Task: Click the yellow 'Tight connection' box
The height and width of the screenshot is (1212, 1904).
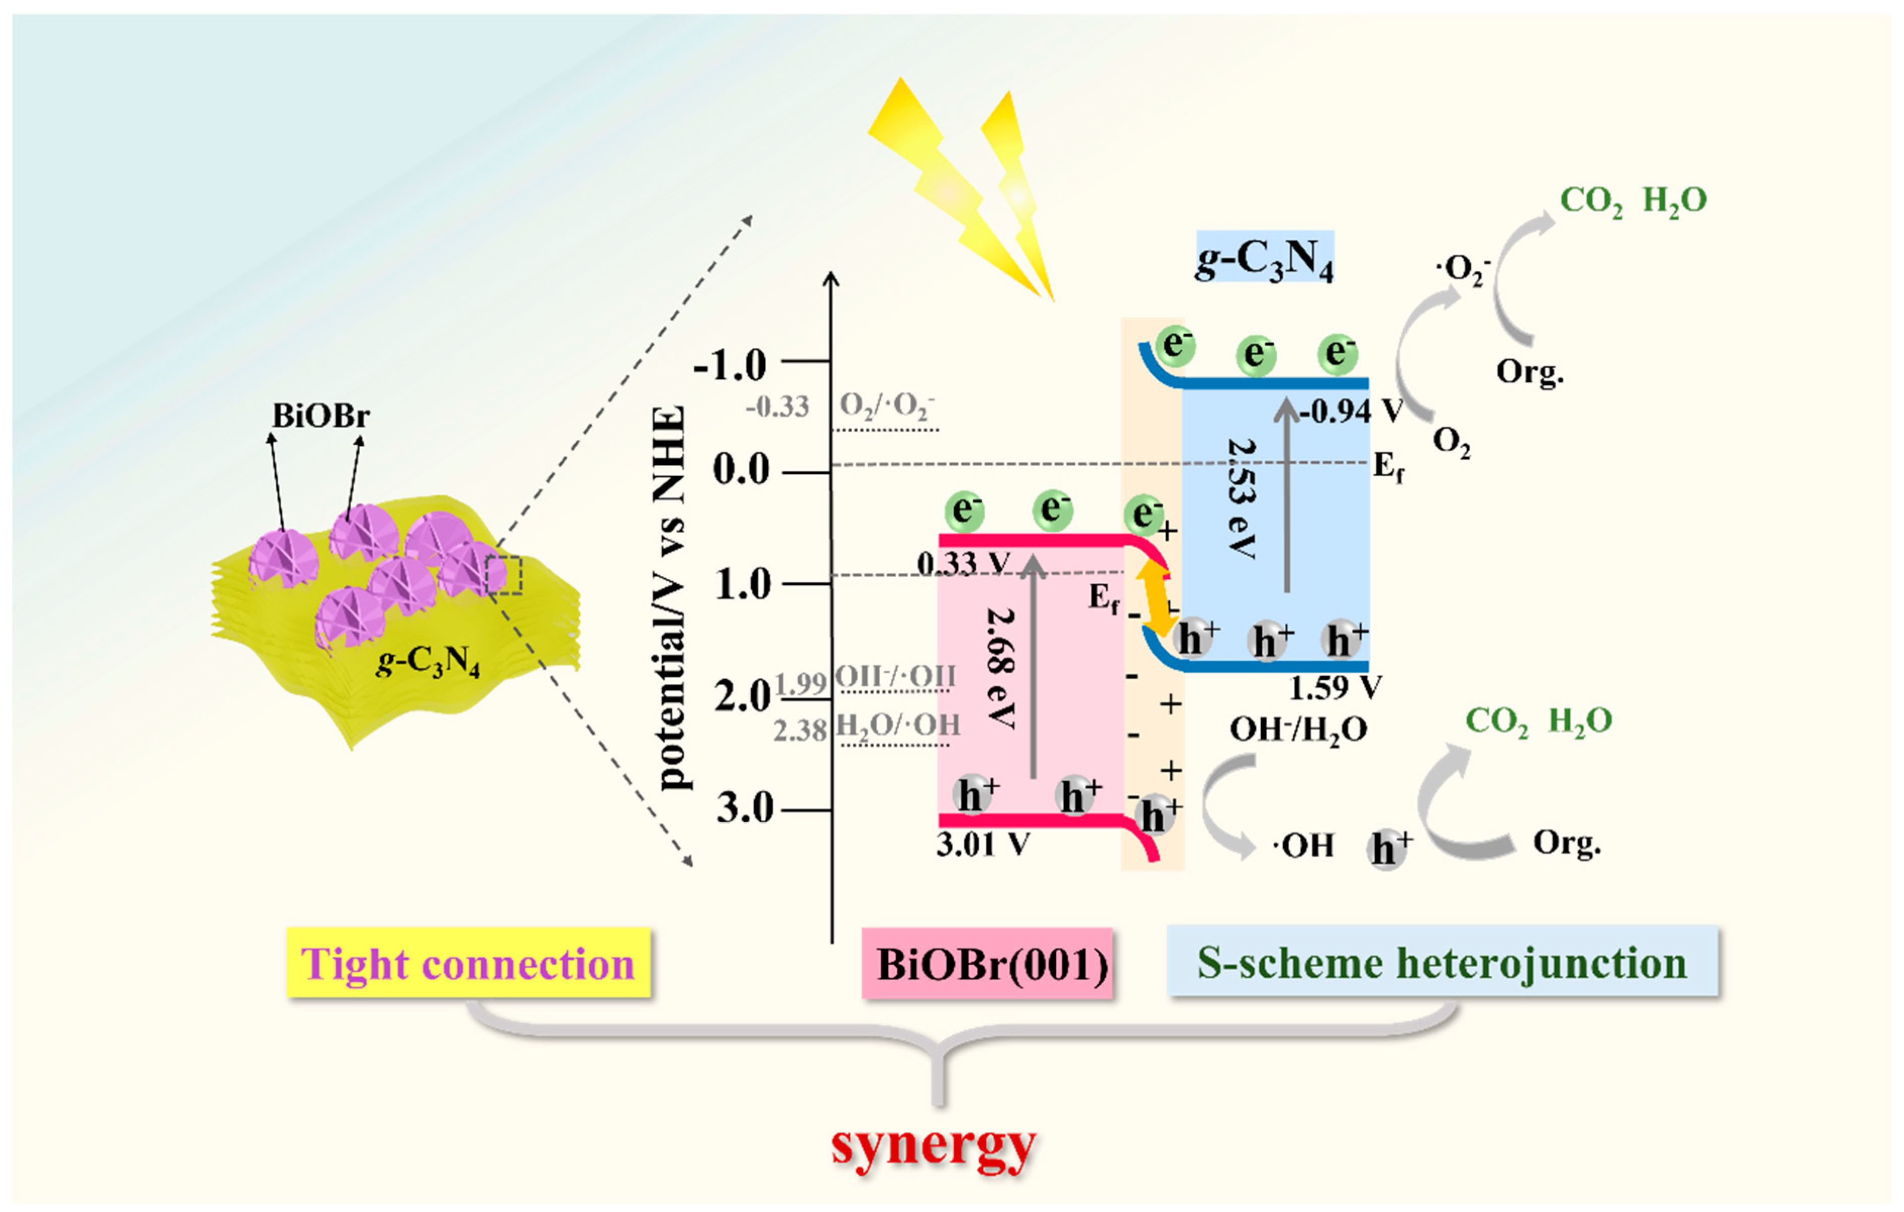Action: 468,963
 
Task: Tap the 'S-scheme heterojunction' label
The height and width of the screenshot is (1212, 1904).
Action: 1442,962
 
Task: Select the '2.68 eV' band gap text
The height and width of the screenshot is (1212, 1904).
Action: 1000,668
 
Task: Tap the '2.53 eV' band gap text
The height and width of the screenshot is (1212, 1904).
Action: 1242,499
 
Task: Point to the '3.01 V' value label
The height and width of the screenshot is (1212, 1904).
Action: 983,844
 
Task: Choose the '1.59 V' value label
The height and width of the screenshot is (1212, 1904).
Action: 1334,687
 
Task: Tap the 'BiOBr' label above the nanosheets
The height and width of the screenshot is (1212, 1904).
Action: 320,415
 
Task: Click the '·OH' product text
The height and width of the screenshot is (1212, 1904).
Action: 1303,845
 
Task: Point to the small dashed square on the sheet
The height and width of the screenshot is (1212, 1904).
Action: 504,575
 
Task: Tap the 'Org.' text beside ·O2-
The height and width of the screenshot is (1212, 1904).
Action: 1529,372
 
